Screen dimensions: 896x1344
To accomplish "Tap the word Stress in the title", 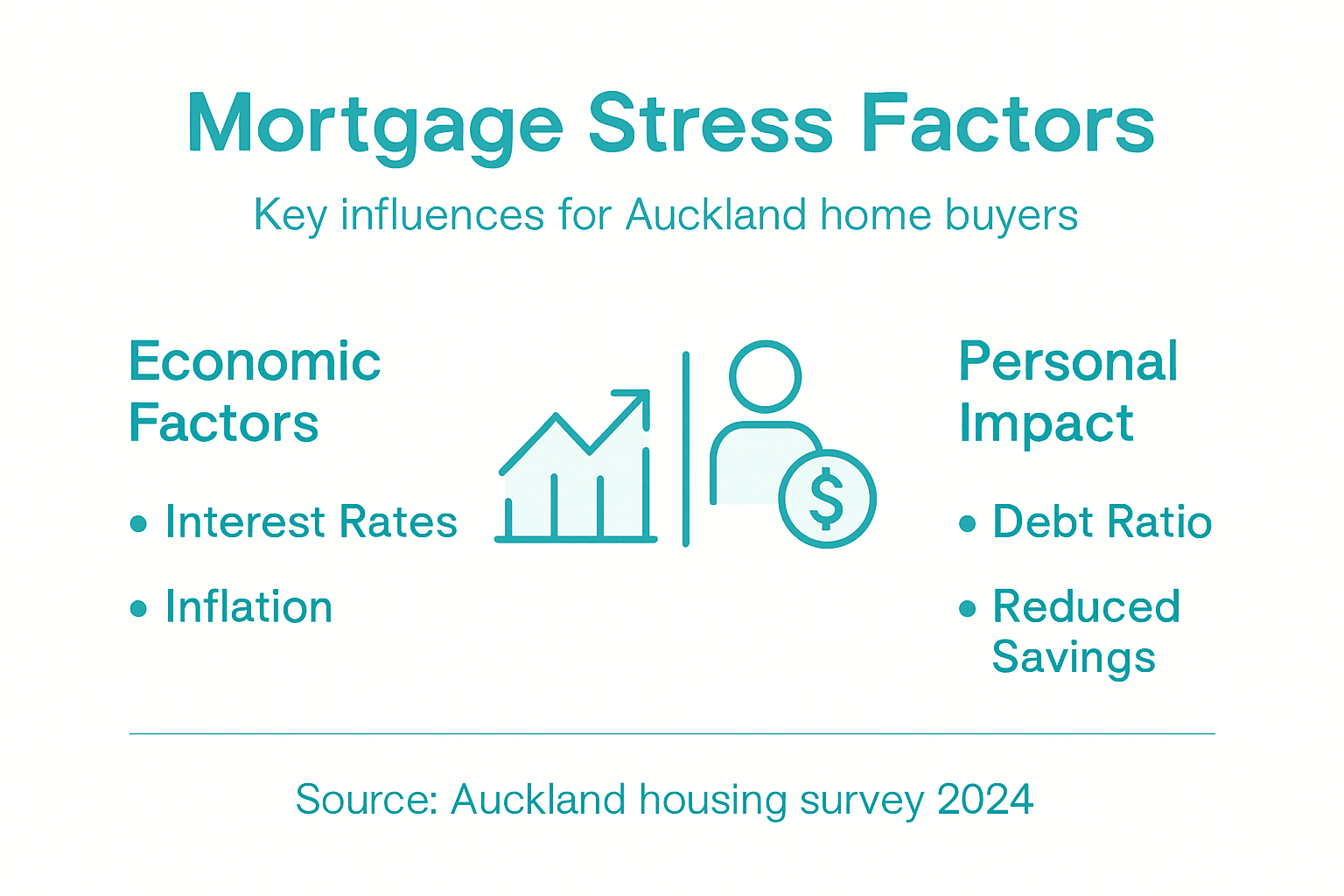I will pyautogui.click(x=710, y=123).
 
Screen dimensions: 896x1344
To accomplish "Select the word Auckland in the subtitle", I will pyautogui.click(x=716, y=215).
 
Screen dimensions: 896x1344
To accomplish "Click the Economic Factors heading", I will pyautogui.click(x=254, y=392).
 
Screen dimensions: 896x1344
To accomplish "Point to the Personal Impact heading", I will pyautogui.click(x=1067, y=392).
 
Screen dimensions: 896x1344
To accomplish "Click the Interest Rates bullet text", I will pyautogui.click(x=311, y=522).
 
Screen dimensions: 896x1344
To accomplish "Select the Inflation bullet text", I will pyautogui.click(x=248, y=607).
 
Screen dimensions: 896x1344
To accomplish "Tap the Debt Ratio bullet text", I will pyautogui.click(x=1102, y=522).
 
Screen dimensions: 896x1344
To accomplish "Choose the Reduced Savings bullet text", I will pyautogui.click(x=1085, y=631).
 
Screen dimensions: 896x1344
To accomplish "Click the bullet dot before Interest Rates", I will pyautogui.click(x=138, y=523).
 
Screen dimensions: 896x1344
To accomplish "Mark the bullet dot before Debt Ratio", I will pyautogui.click(x=967, y=523).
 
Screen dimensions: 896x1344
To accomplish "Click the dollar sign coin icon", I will pyautogui.click(x=827, y=499).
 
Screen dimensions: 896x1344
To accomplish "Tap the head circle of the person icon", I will pyautogui.click(x=766, y=376).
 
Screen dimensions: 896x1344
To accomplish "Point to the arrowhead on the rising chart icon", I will pyautogui.click(x=637, y=402).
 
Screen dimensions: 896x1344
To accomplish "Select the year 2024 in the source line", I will pyautogui.click(x=985, y=800).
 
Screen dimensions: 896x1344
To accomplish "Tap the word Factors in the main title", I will pyautogui.click(x=1007, y=123).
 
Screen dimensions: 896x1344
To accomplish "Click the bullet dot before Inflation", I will pyautogui.click(x=138, y=608).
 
